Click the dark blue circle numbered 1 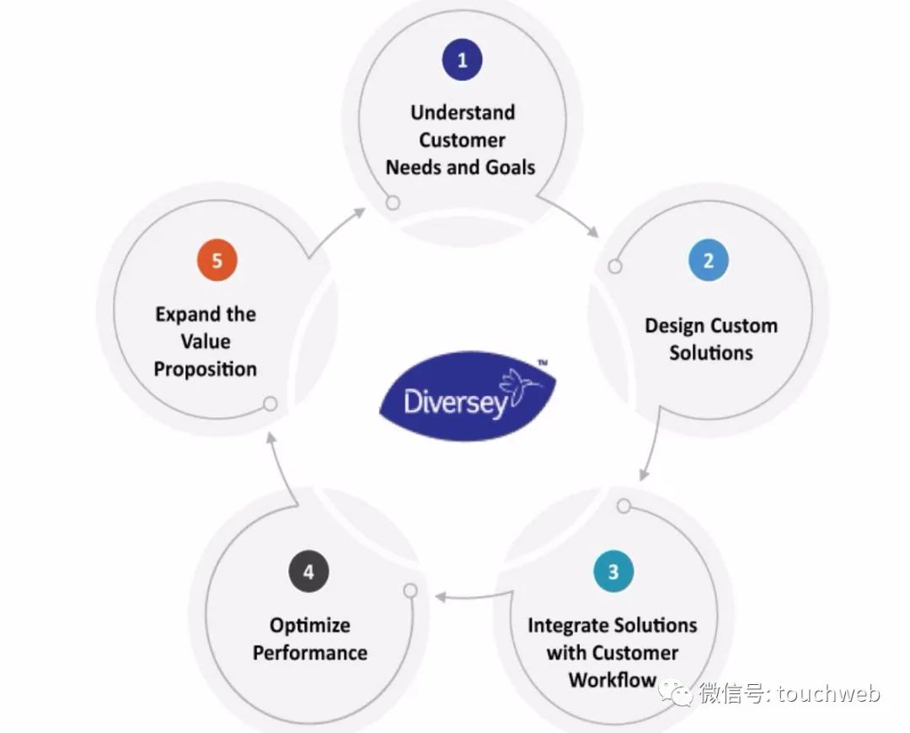coord(462,59)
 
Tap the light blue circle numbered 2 coord(708,260)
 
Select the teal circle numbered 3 coord(613,572)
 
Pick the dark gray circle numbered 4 coord(308,572)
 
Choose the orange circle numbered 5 coord(217,260)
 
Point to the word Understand coord(463,112)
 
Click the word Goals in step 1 coord(510,168)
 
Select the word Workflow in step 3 coord(613,680)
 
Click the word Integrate coord(568,626)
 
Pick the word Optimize coord(310,626)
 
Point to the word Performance coord(310,653)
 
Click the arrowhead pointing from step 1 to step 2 coord(592,232)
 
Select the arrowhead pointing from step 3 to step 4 coord(441,597)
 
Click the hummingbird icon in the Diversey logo coord(518,388)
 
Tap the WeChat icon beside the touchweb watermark coord(675,692)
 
